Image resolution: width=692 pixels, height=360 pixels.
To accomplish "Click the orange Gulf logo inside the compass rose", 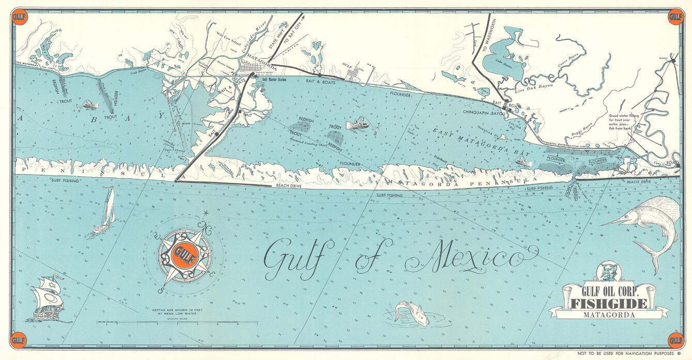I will [x=184, y=254].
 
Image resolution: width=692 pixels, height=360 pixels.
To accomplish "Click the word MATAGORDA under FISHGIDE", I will [x=608, y=314].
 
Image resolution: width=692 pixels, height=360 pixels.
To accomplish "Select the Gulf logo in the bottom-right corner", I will [x=675, y=340].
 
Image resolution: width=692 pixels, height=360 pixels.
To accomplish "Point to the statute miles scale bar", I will [x=177, y=323].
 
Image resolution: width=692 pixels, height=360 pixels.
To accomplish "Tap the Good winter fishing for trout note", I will [x=624, y=122].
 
